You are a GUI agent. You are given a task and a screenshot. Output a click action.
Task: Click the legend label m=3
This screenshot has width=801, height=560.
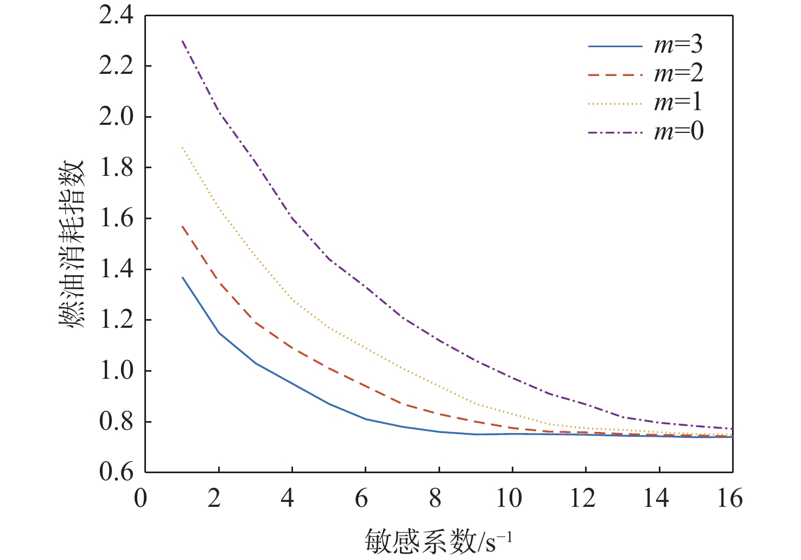pos(678,44)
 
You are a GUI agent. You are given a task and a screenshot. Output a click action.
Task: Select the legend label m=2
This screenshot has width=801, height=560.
pos(678,74)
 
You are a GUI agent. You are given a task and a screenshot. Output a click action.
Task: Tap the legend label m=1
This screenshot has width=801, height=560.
pos(678,103)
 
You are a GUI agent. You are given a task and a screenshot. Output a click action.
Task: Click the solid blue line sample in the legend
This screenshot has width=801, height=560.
pos(615,47)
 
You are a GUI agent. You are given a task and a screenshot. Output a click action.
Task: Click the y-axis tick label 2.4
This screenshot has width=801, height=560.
pos(116,16)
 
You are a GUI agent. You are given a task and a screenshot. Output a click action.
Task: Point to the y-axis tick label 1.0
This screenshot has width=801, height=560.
pos(116,371)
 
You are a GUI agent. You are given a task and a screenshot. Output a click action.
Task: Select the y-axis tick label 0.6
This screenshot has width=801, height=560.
pos(116,472)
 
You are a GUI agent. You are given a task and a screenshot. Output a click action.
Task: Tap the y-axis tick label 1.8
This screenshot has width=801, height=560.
pos(116,168)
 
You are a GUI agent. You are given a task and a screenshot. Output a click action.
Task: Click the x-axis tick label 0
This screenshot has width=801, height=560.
pos(141,498)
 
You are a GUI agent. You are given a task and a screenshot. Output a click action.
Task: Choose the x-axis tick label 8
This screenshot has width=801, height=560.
pos(435,498)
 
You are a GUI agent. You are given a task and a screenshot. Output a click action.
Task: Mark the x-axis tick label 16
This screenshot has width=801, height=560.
pos(729,498)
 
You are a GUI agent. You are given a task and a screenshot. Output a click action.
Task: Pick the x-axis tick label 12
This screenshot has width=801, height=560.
pos(582,498)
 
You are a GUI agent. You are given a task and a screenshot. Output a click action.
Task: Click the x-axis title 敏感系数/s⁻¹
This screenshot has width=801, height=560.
pos(438,540)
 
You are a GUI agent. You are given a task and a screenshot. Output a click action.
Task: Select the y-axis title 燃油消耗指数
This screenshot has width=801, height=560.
pos(72,244)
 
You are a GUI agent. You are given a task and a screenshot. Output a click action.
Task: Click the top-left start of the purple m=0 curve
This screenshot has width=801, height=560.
pos(183,41)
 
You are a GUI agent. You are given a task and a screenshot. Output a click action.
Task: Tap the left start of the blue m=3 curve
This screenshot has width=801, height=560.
pos(183,277)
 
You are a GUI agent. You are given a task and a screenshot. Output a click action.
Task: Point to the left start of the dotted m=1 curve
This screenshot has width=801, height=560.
pos(183,148)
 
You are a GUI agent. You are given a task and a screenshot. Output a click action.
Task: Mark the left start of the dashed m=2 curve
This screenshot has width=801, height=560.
pos(183,226)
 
